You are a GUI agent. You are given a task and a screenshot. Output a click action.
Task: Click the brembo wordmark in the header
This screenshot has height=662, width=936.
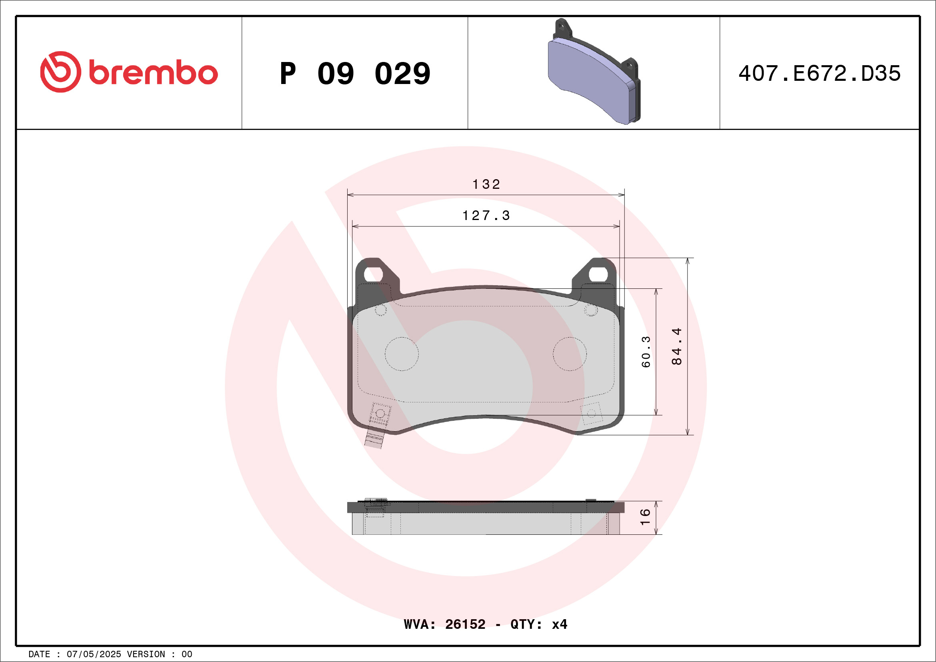[153, 73]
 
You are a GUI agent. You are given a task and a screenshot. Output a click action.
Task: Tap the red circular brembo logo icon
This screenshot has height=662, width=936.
[61, 72]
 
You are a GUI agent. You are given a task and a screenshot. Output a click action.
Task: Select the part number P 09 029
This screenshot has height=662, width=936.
[355, 74]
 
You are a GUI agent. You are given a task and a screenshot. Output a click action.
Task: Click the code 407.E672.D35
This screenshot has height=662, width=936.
[820, 73]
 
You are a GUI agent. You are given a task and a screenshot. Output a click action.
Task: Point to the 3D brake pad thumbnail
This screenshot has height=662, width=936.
[594, 71]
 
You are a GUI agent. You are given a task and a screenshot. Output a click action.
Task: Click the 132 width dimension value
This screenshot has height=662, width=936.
[486, 184]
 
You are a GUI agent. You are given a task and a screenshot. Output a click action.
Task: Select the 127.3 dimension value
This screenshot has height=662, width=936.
[486, 215]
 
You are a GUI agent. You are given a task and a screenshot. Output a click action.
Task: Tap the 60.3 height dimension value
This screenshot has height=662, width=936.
[646, 352]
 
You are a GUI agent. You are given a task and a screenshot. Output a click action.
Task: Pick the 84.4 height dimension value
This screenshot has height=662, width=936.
[677, 346]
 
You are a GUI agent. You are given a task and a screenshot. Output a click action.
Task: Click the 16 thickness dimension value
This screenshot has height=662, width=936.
[645, 517]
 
